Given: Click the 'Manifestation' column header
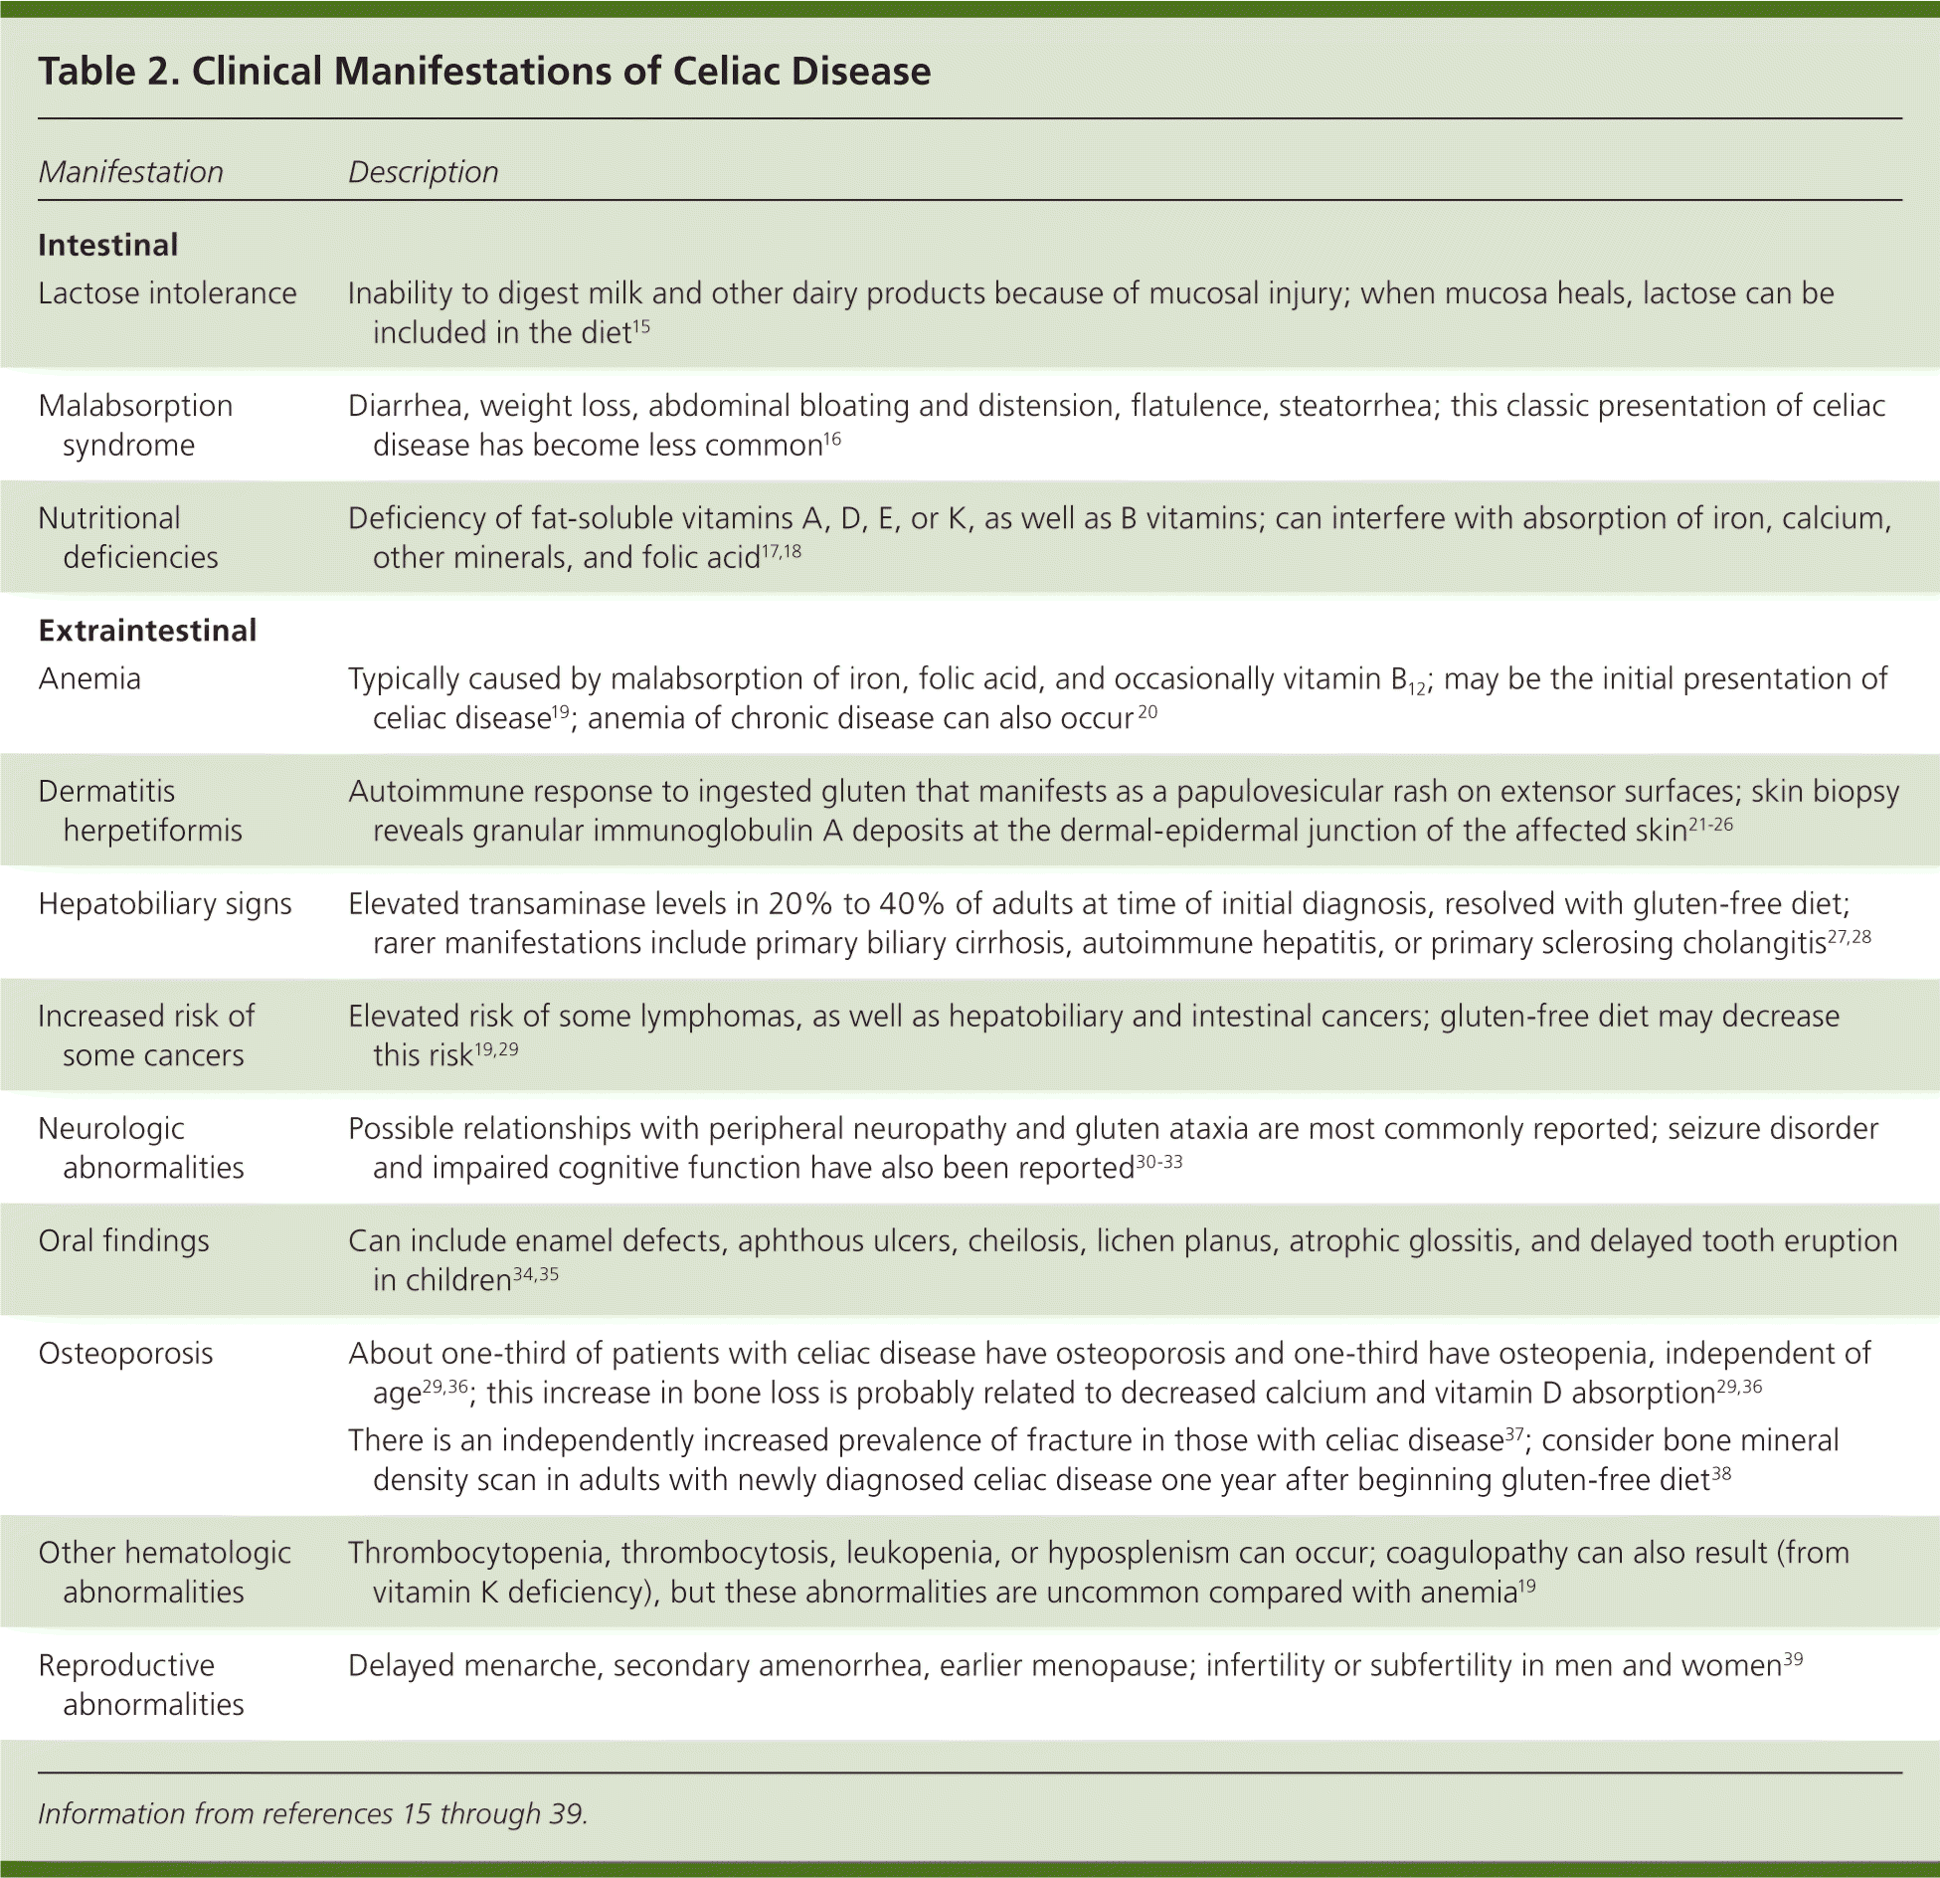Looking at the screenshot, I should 130,172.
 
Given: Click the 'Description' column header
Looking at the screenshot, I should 423,172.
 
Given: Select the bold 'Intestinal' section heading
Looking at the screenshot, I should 107,245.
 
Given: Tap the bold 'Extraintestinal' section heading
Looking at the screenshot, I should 147,630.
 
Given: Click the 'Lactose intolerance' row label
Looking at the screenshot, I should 167,293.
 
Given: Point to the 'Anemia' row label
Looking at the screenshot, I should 89,678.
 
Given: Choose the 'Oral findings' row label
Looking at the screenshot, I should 123,1240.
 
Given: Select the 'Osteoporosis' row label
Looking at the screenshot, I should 125,1353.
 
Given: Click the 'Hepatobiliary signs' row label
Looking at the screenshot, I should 165,903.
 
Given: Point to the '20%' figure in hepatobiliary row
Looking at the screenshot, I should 799,903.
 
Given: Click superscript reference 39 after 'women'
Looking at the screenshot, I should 1793,1658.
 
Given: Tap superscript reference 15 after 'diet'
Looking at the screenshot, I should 641,325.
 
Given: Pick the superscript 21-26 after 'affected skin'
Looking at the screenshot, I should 1710,824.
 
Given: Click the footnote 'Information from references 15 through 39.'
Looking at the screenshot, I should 313,1813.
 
